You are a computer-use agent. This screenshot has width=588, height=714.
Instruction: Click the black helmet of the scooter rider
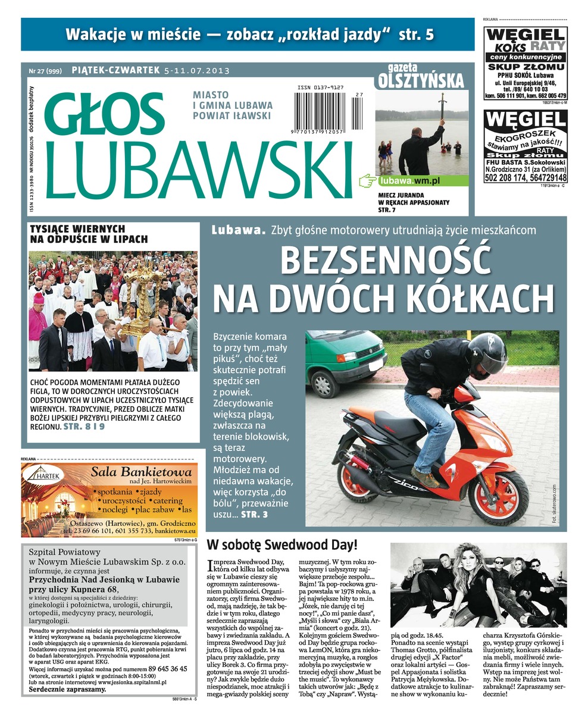click(486, 355)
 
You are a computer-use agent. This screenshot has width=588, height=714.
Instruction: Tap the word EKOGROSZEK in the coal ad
click(525, 136)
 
